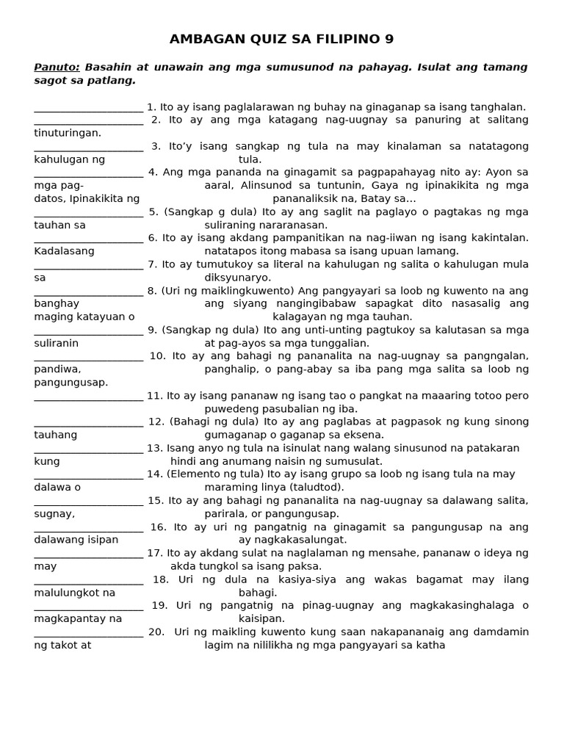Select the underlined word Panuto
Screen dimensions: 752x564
[x=56, y=67]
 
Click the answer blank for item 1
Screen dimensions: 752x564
[x=88, y=107]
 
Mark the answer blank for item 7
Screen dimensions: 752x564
[x=88, y=264]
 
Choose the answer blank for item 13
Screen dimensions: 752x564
[x=88, y=448]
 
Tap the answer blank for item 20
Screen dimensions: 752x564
[x=88, y=632]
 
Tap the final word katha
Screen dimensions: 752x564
[x=430, y=646]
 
